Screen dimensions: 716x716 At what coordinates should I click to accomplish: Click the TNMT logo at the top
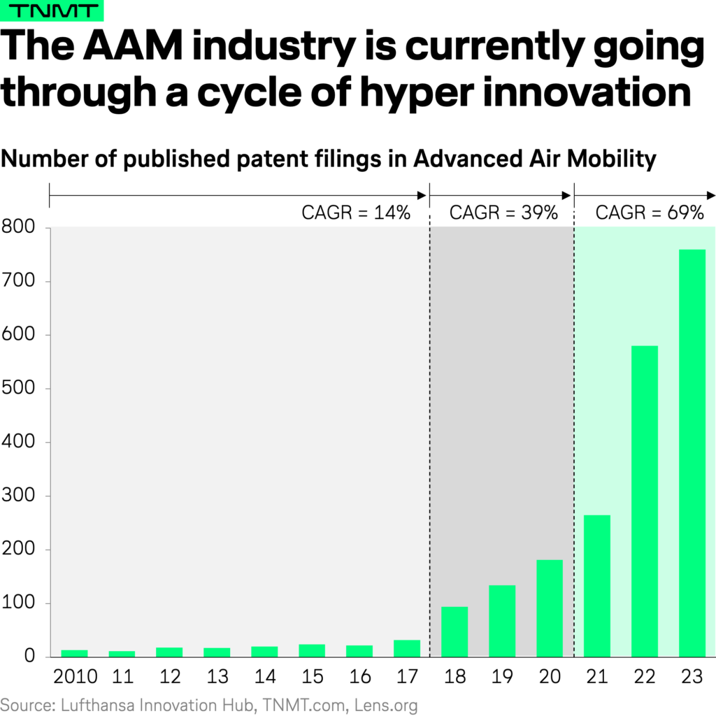pyautogui.click(x=52, y=12)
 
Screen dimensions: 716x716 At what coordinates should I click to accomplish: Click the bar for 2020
pyautogui.click(x=550, y=608)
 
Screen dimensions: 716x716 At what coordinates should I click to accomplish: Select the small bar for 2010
pyautogui.click(x=74, y=653)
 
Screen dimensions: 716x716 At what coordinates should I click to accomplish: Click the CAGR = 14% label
pyautogui.click(x=355, y=213)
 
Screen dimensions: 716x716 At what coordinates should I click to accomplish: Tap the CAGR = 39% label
pyautogui.click(x=503, y=213)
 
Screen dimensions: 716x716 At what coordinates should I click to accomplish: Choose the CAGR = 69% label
pyautogui.click(x=650, y=213)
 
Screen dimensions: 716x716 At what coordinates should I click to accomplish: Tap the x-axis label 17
pyautogui.click(x=407, y=678)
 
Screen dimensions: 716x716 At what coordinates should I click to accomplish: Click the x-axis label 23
pyautogui.click(x=692, y=678)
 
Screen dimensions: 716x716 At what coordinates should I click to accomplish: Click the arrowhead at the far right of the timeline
pyautogui.click(x=711, y=194)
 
